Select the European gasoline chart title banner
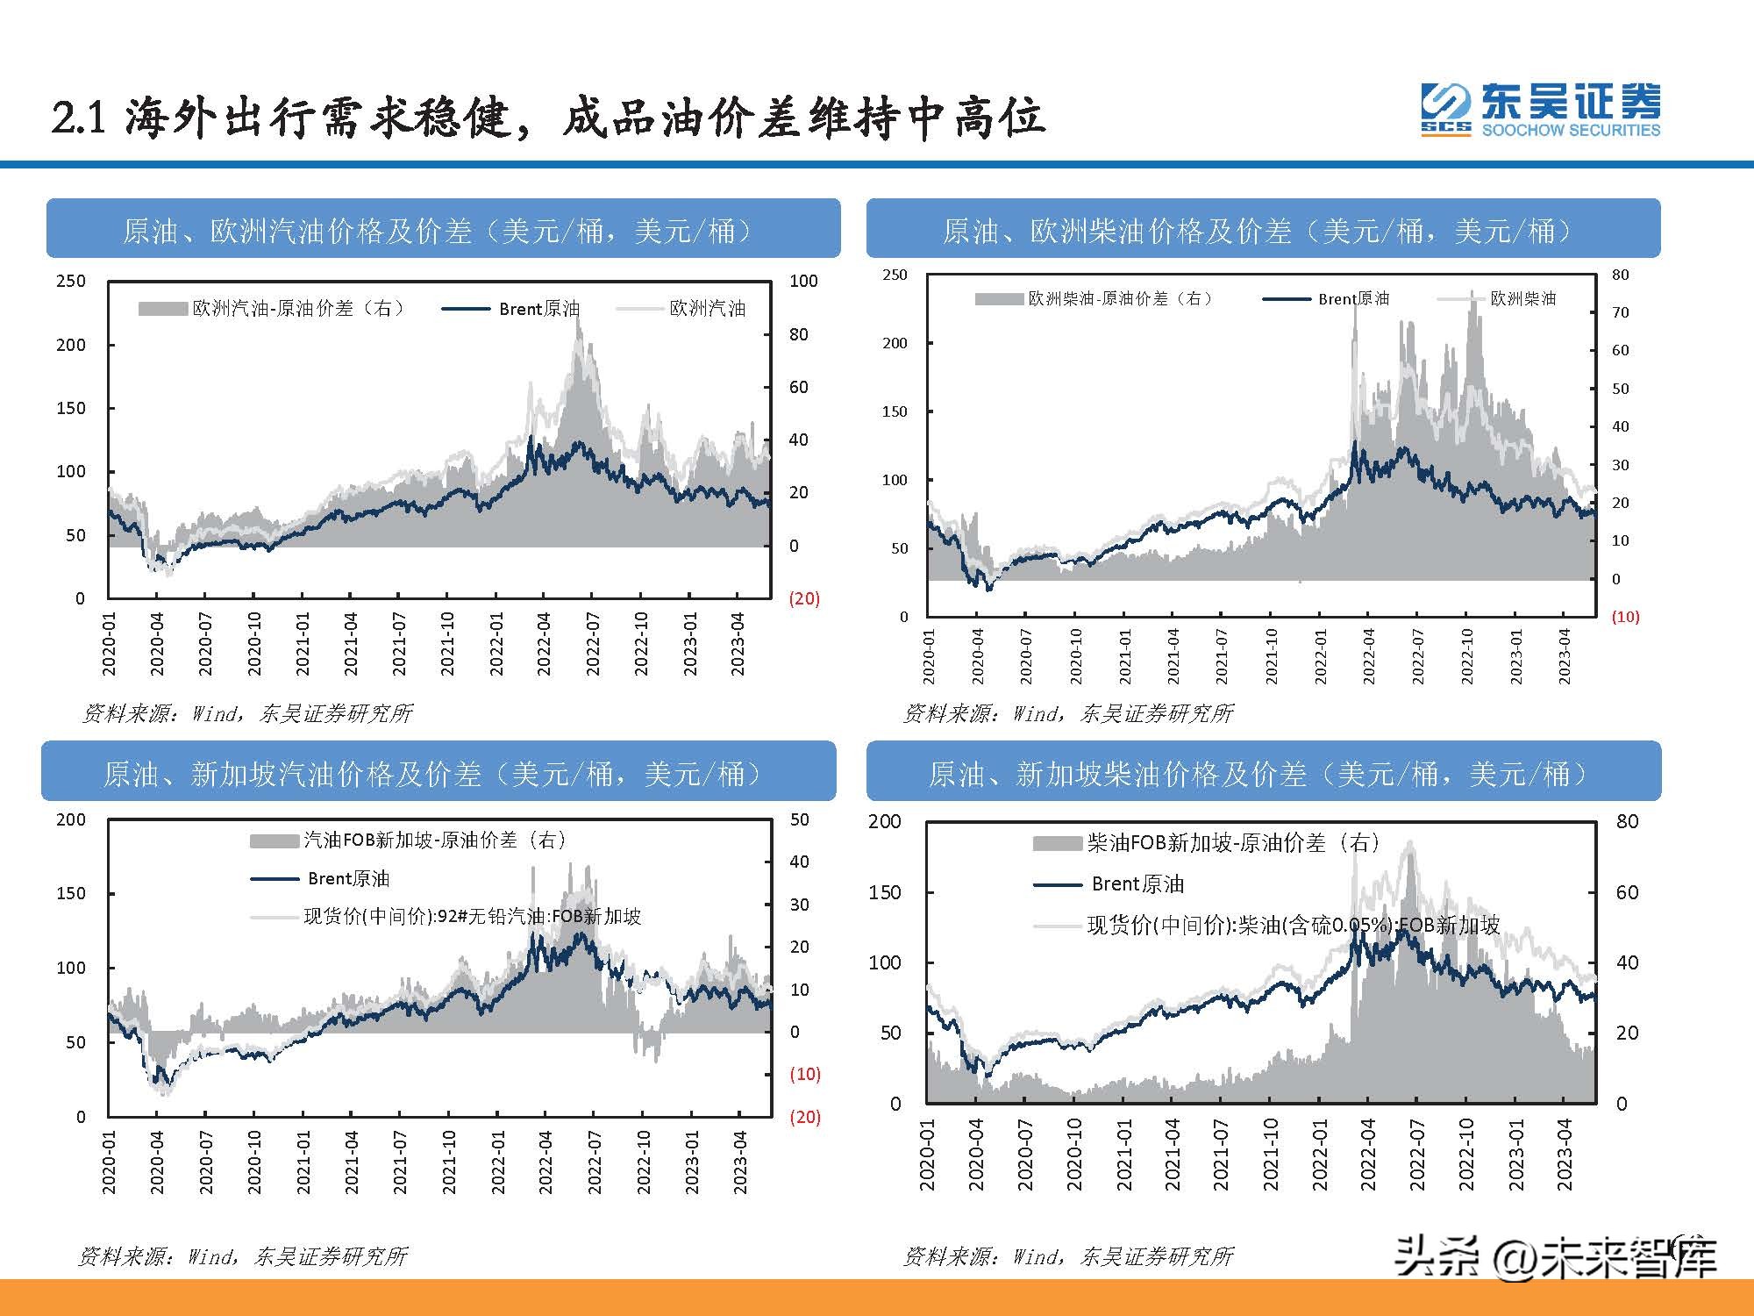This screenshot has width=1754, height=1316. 443,231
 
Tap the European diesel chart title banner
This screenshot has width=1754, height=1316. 1263,231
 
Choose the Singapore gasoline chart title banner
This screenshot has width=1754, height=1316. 438,773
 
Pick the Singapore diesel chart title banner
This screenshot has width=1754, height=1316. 1263,773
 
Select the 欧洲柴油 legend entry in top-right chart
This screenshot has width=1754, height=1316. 1522,299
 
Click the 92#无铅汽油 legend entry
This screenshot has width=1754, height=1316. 472,917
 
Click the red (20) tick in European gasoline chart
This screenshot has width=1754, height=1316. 803,598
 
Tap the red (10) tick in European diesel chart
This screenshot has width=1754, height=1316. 1624,617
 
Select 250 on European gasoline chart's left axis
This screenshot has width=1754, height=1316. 71,282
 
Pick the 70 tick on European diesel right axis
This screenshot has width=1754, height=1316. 1620,312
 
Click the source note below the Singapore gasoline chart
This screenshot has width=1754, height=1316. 243,1256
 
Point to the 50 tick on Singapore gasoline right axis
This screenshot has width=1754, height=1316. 799,819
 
